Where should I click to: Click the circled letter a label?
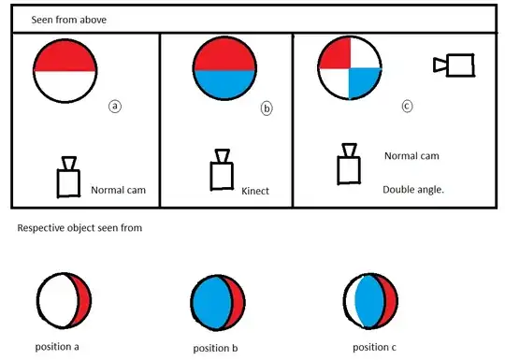(x=115, y=107)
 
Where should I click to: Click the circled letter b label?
(x=267, y=108)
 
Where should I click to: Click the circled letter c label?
(x=407, y=106)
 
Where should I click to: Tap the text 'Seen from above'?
(x=69, y=20)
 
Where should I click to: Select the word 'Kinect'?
(x=255, y=191)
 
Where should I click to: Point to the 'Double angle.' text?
(x=413, y=189)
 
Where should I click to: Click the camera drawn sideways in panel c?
(x=454, y=65)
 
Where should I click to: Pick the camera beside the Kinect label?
(x=222, y=169)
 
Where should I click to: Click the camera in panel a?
(x=68, y=177)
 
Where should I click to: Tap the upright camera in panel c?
(x=349, y=164)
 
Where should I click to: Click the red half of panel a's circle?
(x=65, y=56)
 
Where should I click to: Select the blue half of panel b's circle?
(x=224, y=84)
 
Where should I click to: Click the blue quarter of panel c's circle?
(x=362, y=81)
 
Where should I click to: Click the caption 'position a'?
(x=57, y=347)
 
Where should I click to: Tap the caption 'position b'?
(x=215, y=348)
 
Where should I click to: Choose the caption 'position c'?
(x=374, y=347)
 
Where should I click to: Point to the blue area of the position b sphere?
(x=212, y=303)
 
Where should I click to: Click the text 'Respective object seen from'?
(x=79, y=228)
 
